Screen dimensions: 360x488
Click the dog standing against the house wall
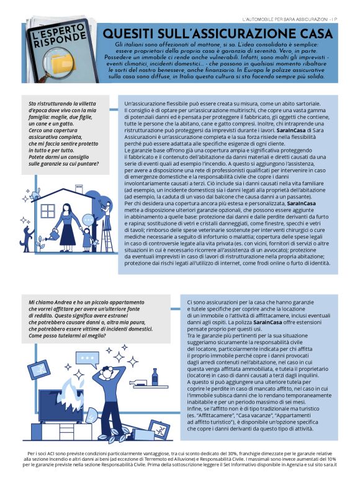pos(27,239)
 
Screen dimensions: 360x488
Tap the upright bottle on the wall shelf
pos(155,376)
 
